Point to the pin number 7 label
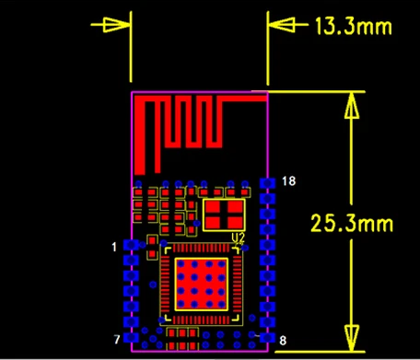(117, 340)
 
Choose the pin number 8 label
(282, 341)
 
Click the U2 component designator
(238, 238)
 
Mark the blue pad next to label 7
(131, 338)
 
